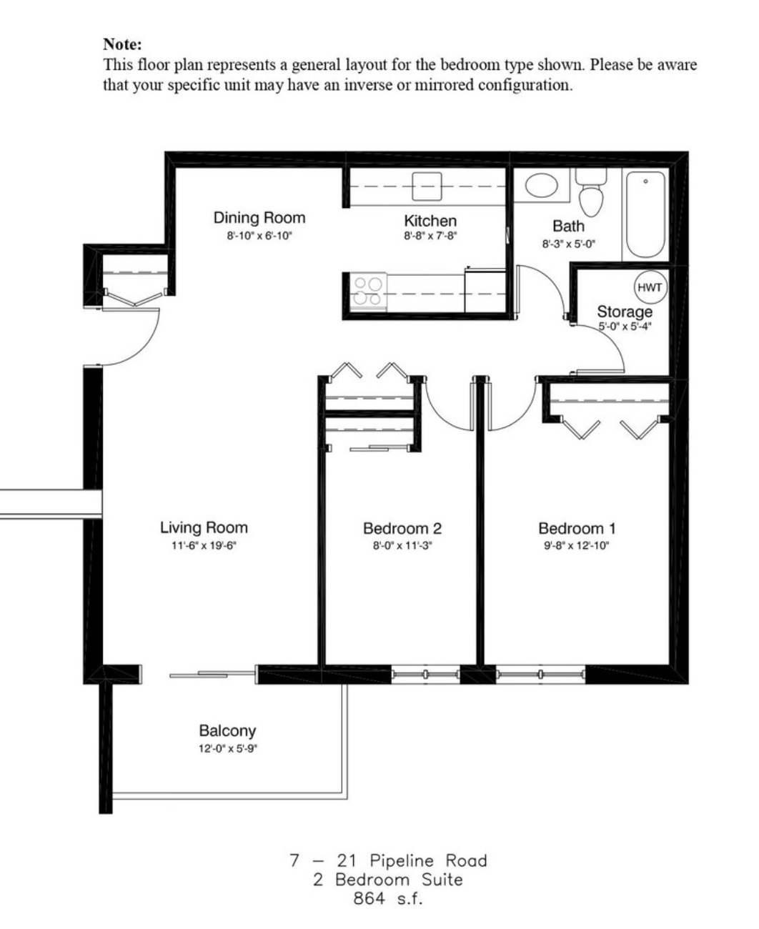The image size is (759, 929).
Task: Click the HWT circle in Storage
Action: [x=650, y=287]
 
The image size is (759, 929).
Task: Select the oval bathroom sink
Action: [x=542, y=186]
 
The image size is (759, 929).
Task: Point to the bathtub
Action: [x=645, y=214]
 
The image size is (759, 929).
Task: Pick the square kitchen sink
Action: [x=427, y=187]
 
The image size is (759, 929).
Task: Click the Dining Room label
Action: [x=259, y=218]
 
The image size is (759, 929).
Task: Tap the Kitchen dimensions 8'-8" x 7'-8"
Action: [x=430, y=236]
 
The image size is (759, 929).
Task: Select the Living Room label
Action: [x=204, y=527]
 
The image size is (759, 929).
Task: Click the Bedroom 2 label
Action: [x=402, y=528]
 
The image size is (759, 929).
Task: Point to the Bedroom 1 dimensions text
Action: [x=576, y=546]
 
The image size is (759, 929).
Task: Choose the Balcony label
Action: [x=227, y=730]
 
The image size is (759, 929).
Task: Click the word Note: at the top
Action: [x=122, y=44]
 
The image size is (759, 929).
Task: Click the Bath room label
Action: [x=568, y=226]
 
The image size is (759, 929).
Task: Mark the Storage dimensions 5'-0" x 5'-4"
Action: [x=625, y=327]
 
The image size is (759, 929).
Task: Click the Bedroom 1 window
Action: [x=540, y=674]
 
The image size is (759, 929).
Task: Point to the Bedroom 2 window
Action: [x=425, y=674]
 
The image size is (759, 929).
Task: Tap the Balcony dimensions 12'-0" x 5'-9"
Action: [x=228, y=748]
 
